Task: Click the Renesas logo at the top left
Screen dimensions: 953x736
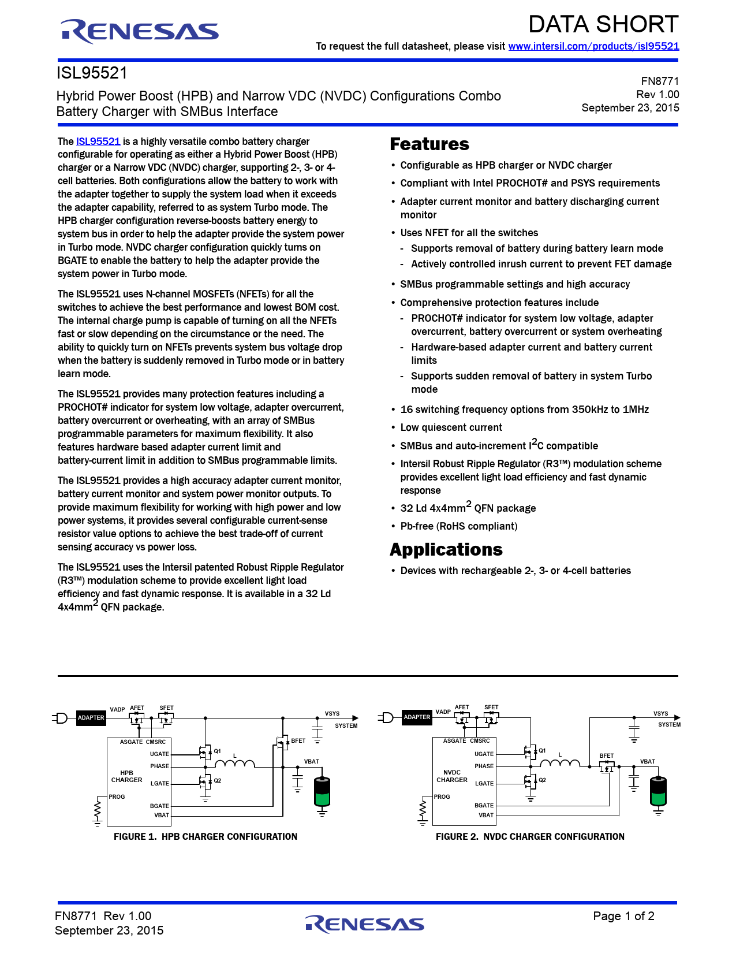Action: pyautogui.click(x=140, y=31)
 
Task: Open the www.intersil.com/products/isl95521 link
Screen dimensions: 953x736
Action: pyautogui.click(x=593, y=46)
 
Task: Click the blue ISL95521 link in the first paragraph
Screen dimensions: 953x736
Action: pyautogui.click(x=98, y=142)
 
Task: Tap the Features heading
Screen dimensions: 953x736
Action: pyautogui.click(x=429, y=144)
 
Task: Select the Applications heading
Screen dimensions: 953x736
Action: pyautogui.click(x=446, y=550)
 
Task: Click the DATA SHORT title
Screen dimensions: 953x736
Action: pyautogui.click(x=603, y=24)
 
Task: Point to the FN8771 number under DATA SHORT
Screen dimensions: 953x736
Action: pyautogui.click(x=660, y=81)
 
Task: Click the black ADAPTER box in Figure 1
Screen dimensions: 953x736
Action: pyautogui.click(x=91, y=718)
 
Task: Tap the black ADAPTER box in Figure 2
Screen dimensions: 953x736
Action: pyautogui.click(x=417, y=717)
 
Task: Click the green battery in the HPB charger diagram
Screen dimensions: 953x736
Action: pyautogui.click(x=322, y=792)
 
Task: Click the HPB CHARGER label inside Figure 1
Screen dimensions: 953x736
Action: pyautogui.click(x=127, y=776)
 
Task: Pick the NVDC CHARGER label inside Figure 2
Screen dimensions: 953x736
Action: pyautogui.click(x=452, y=776)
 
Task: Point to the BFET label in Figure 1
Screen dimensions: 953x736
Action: pyautogui.click(x=298, y=740)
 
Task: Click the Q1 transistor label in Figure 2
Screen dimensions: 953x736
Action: pyautogui.click(x=542, y=751)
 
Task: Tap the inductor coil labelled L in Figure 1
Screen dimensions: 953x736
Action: pyautogui.click(x=234, y=764)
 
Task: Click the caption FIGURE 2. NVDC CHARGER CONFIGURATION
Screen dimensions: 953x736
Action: pyautogui.click(x=530, y=836)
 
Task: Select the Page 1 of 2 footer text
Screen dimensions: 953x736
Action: pyautogui.click(x=623, y=916)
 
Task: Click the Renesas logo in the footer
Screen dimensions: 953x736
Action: pyautogui.click(x=365, y=924)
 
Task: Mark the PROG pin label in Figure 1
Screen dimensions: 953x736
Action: pyautogui.click(x=117, y=796)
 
